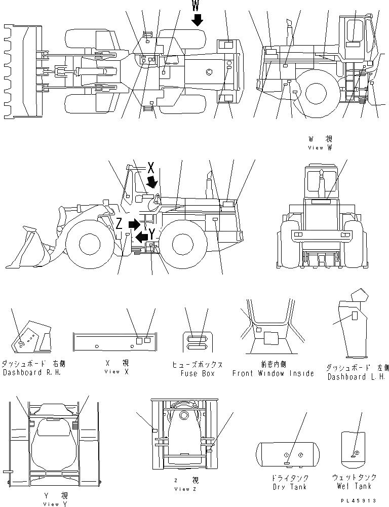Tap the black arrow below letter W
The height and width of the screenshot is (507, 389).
click(x=197, y=20)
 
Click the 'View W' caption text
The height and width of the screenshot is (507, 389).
click(x=320, y=148)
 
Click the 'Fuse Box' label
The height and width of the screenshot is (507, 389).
click(x=198, y=373)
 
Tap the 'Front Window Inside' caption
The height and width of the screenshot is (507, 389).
click(x=273, y=373)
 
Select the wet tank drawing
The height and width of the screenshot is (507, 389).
click(x=354, y=447)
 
